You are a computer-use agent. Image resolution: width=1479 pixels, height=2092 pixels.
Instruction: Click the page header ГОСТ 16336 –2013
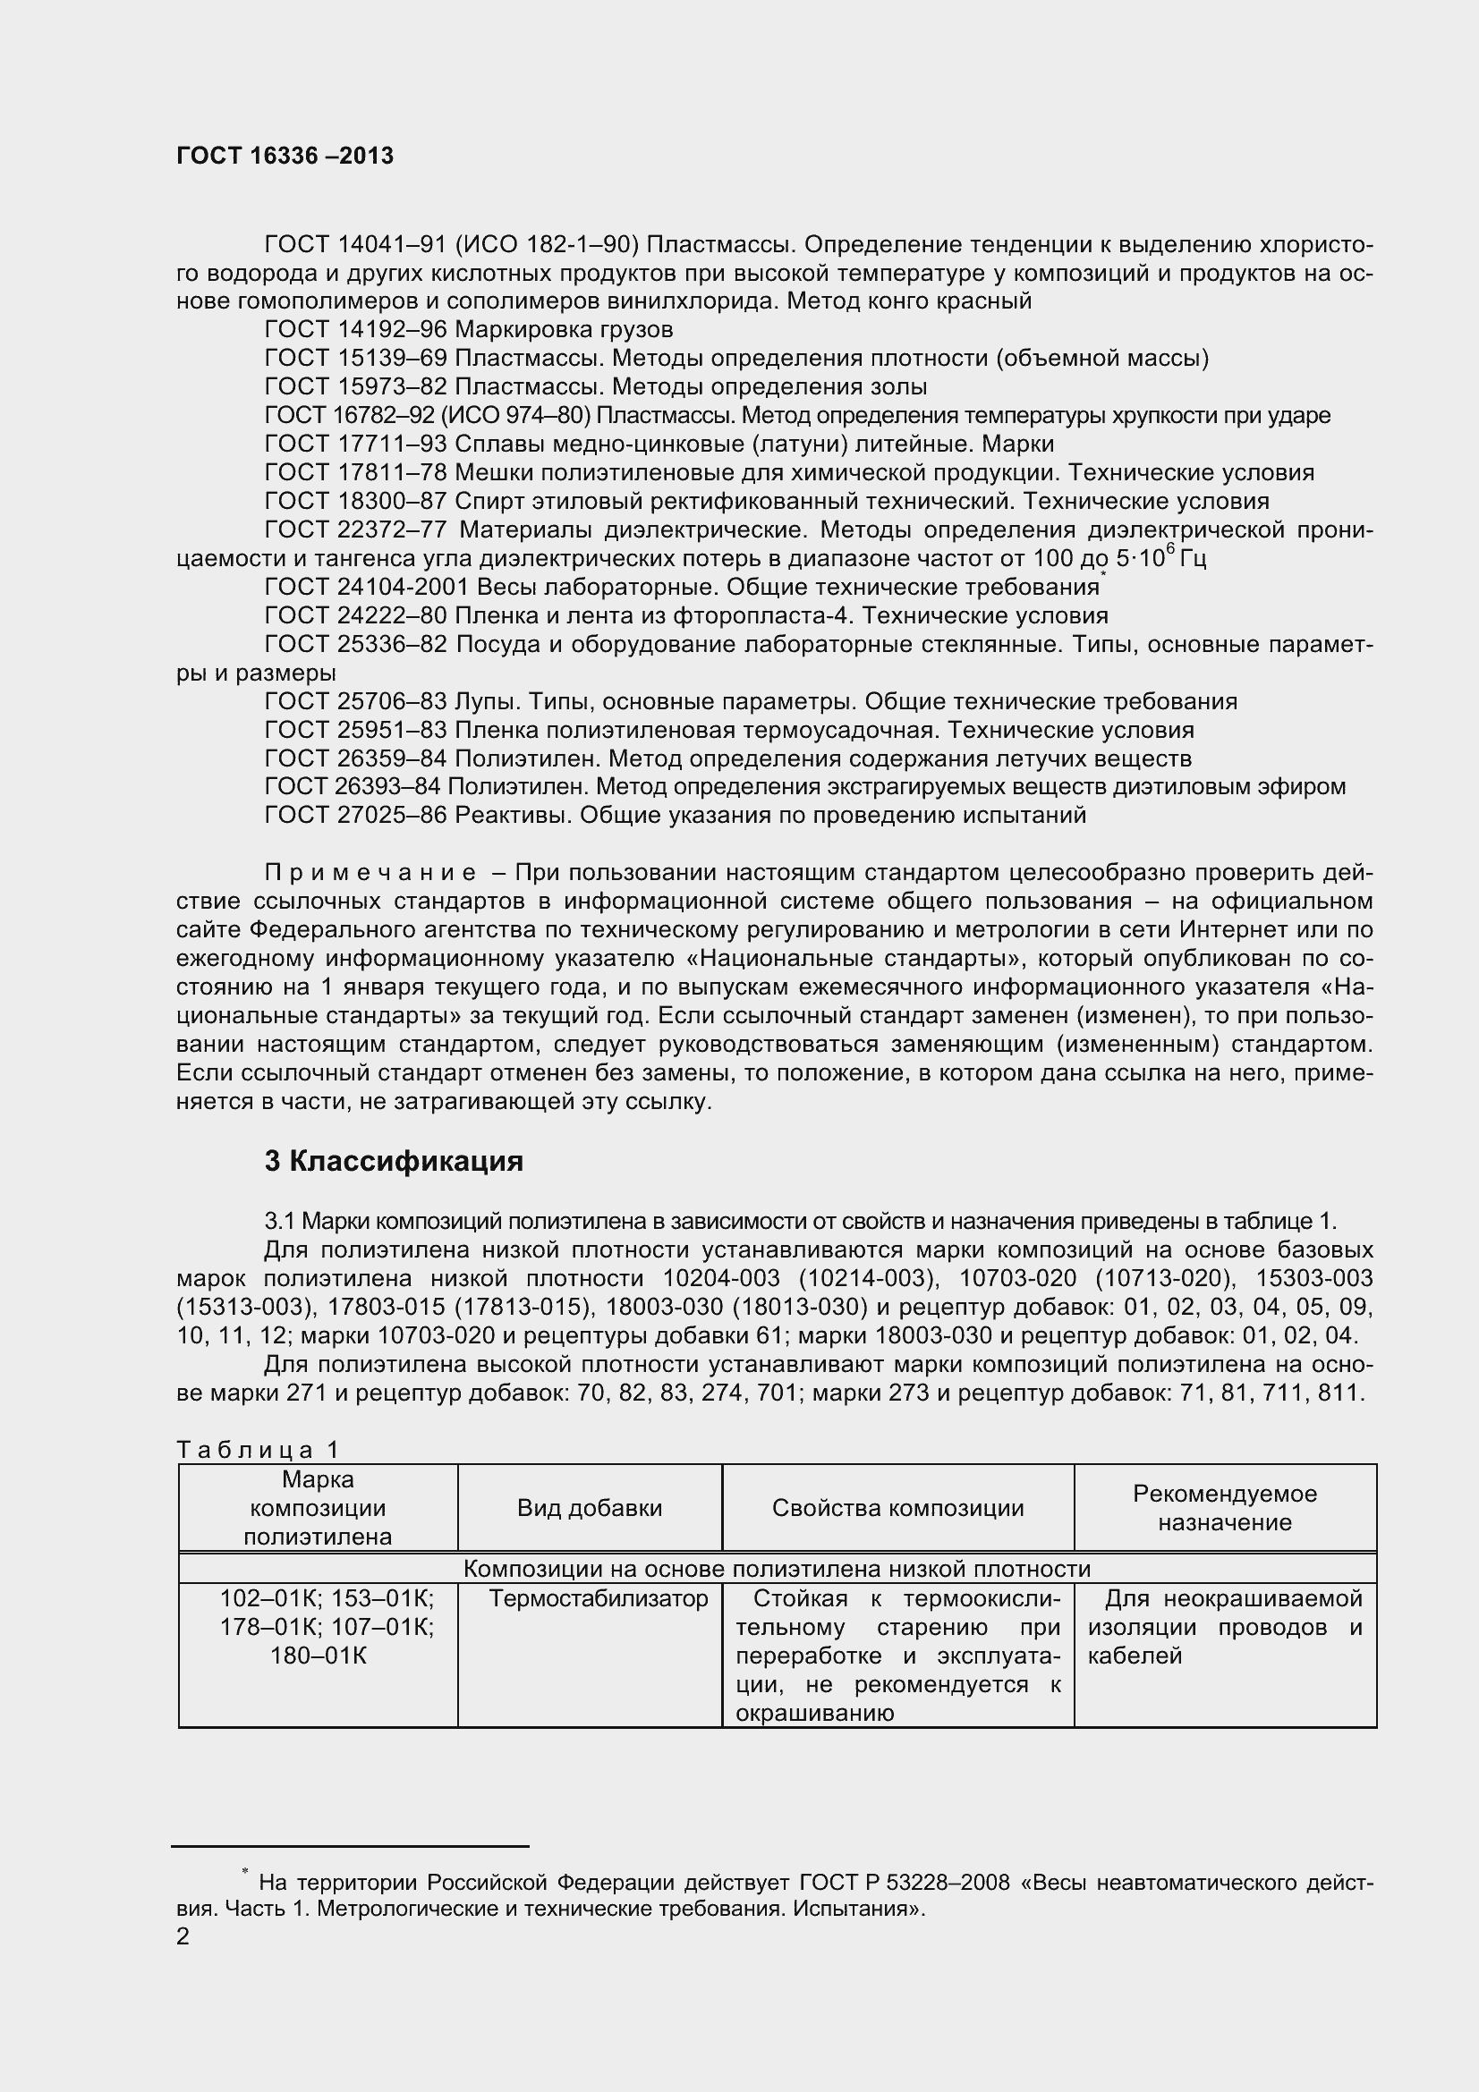285,156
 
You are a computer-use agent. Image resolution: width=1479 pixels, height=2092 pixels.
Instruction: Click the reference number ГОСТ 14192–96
355,329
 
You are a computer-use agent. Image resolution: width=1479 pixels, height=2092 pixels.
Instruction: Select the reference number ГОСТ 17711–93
355,444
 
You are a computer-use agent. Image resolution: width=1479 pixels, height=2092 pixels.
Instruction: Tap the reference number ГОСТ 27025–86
355,815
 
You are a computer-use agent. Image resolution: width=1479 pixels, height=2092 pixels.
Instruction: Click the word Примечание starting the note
369,873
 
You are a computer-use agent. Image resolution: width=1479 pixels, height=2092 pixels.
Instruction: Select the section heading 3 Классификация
394,1162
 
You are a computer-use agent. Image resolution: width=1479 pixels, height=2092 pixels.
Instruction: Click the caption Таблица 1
258,1449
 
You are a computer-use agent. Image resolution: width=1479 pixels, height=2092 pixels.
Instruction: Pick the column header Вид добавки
589,1508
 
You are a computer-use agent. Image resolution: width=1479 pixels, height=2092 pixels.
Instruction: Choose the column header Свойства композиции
897,1508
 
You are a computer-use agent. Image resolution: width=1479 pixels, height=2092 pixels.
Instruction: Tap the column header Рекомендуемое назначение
1224,1508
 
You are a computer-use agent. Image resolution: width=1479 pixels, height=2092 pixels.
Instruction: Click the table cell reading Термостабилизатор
598,1599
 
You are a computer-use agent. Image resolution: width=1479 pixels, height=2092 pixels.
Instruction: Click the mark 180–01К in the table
318,1656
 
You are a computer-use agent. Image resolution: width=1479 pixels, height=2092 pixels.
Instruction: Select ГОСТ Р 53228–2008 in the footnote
904,1882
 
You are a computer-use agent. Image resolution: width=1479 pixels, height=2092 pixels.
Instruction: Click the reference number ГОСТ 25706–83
355,701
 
